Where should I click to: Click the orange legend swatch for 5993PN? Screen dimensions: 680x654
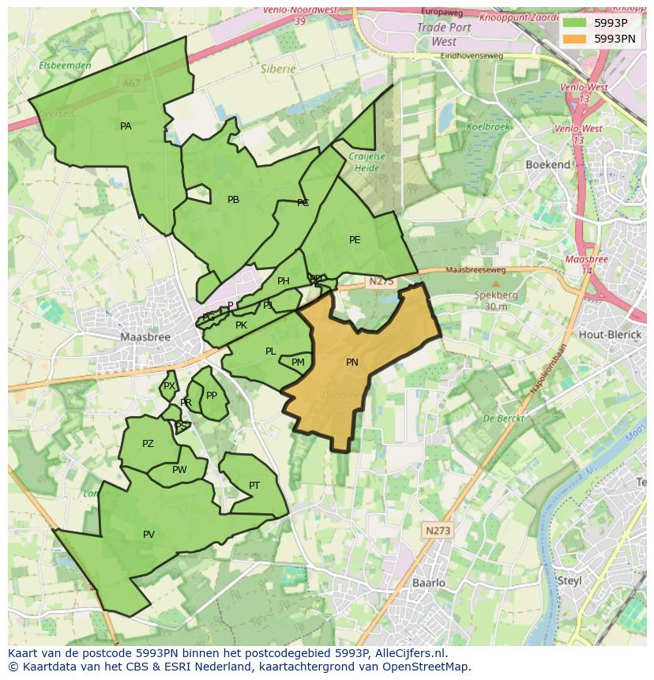click(x=574, y=38)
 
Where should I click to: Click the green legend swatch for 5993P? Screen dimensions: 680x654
click(x=574, y=23)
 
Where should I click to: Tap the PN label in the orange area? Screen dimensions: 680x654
click(x=352, y=363)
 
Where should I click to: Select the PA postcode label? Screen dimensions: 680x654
click(x=126, y=126)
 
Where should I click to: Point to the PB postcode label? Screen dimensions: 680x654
click(x=233, y=200)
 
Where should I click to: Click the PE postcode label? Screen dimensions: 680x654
click(x=355, y=240)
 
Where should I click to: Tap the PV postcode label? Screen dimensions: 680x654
click(x=148, y=535)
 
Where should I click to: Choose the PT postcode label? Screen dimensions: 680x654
click(x=254, y=486)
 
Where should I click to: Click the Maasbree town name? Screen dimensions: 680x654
click(x=145, y=336)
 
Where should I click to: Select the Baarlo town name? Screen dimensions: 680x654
click(x=429, y=583)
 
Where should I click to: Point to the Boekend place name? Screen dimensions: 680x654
click(x=548, y=164)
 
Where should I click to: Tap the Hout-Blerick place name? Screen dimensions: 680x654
click(x=609, y=335)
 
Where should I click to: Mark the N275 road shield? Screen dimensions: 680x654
click(x=381, y=281)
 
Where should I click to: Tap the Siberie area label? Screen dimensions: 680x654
click(x=278, y=69)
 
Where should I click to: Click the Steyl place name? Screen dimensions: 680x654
click(x=569, y=580)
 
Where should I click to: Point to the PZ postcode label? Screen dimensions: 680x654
click(x=148, y=444)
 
